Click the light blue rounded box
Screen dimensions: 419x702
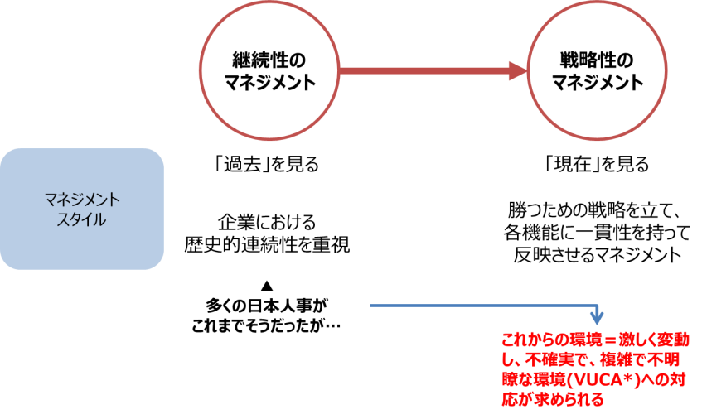pos(82,209)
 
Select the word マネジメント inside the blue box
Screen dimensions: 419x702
pos(82,200)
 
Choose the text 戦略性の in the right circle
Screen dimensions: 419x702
pos(597,61)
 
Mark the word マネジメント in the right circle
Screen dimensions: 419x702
pos(597,83)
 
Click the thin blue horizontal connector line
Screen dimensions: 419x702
pos(481,306)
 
